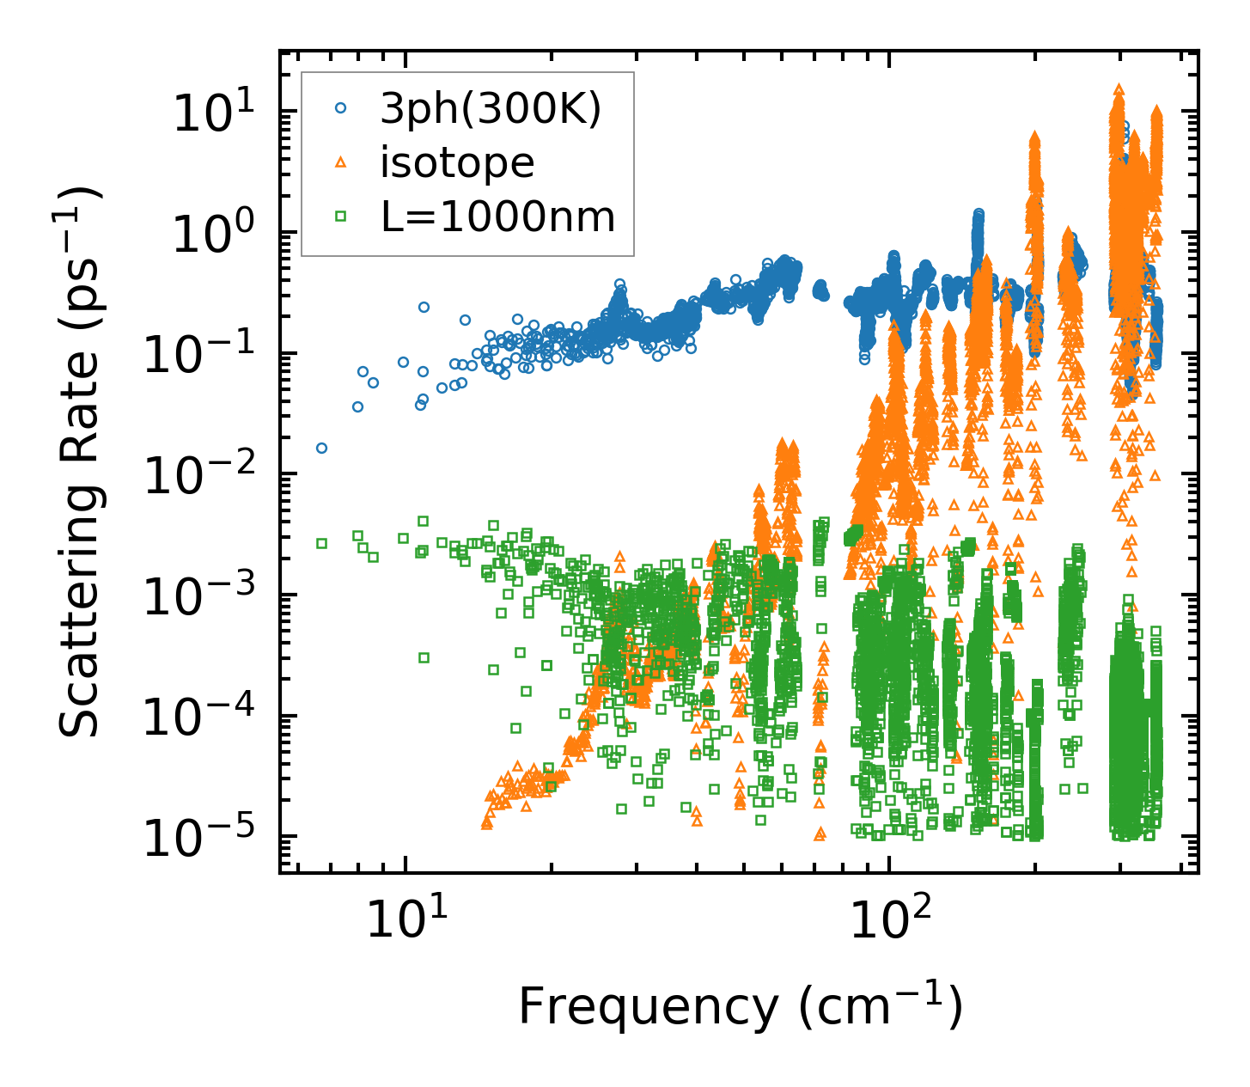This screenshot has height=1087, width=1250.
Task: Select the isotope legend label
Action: [457, 162]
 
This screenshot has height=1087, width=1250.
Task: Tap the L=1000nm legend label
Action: [498, 217]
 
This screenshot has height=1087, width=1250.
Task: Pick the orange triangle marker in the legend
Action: [341, 162]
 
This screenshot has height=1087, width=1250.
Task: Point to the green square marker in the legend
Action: [341, 217]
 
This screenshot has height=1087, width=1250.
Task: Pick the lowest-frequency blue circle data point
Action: [321, 448]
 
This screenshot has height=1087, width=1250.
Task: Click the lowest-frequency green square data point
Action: [321, 543]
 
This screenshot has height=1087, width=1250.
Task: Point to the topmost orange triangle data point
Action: [1119, 89]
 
